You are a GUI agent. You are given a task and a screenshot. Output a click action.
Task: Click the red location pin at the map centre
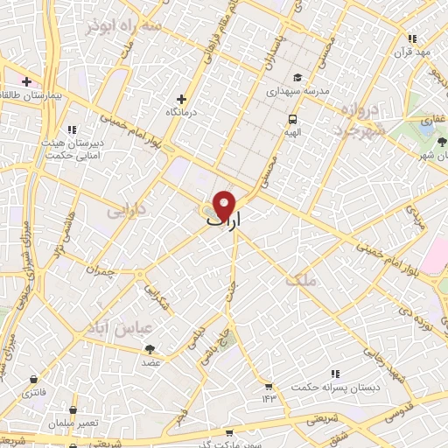225,205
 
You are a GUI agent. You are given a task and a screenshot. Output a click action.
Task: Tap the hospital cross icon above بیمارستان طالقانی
27,81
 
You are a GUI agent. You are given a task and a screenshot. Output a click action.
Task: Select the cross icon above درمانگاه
181,100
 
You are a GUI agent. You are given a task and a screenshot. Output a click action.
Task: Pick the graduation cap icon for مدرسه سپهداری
297,76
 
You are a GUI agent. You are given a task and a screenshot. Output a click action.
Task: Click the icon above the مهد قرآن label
412,38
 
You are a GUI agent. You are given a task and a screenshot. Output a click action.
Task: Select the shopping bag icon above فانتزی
33,380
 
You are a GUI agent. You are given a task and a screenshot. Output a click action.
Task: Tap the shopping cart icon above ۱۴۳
268,386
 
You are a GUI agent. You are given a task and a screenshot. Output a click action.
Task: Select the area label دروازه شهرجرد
358,122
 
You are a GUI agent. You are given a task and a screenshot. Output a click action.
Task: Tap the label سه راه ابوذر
124,26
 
